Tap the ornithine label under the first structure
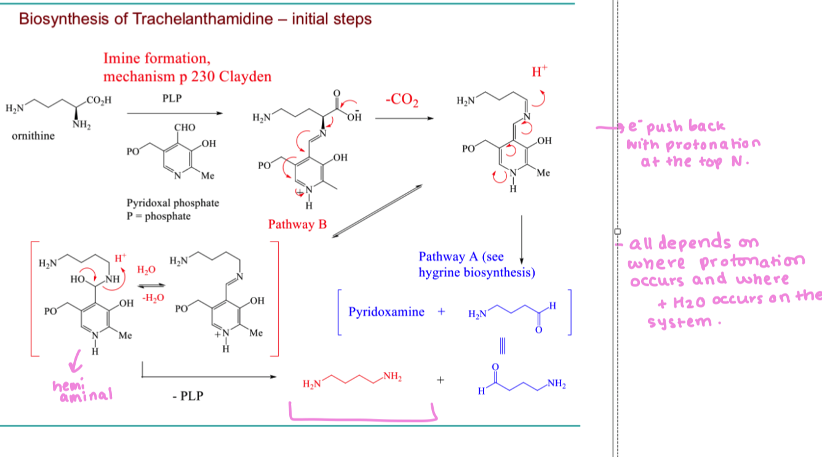point(33,136)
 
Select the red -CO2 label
point(402,100)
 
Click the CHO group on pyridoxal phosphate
point(185,127)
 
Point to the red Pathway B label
point(297,224)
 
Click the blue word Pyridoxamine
point(386,312)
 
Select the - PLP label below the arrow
point(188,395)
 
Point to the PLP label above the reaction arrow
point(172,99)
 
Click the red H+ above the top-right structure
point(540,71)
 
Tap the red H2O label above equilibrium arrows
point(146,270)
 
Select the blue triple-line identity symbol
point(503,346)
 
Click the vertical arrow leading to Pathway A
point(522,240)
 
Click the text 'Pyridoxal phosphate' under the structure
point(173,203)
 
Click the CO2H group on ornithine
point(99,100)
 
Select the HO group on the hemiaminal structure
point(78,280)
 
